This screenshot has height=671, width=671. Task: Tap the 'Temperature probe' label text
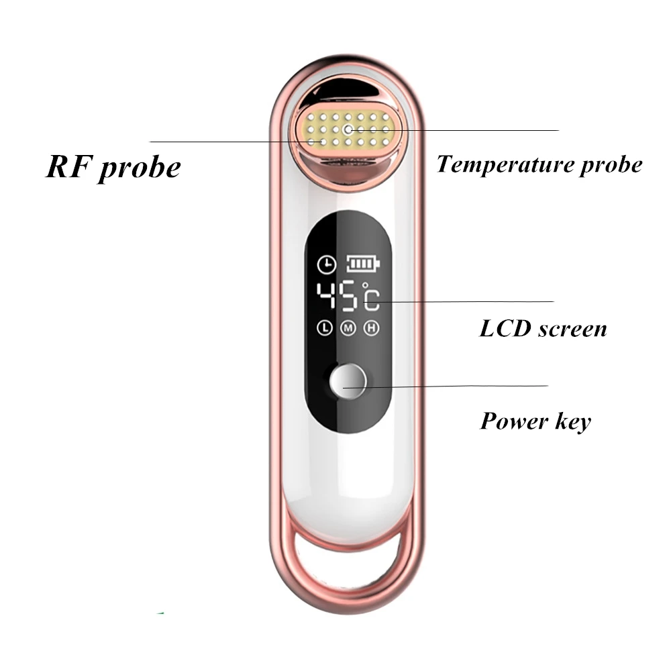pos(539,164)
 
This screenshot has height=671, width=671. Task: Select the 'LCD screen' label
pos(542,328)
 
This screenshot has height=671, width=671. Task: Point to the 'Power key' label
pos(535,421)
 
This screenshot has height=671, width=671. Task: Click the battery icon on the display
pos(362,264)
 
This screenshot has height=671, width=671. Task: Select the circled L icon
pos(325,328)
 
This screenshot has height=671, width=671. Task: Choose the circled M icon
pos(348,328)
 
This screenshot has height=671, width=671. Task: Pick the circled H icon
pos(370,328)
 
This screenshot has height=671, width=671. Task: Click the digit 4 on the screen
pos(328,297)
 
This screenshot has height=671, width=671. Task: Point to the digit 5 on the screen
pos(350,297)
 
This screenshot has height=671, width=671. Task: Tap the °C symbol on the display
pos(371,297)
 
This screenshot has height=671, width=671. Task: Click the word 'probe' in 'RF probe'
pos(140,168)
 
